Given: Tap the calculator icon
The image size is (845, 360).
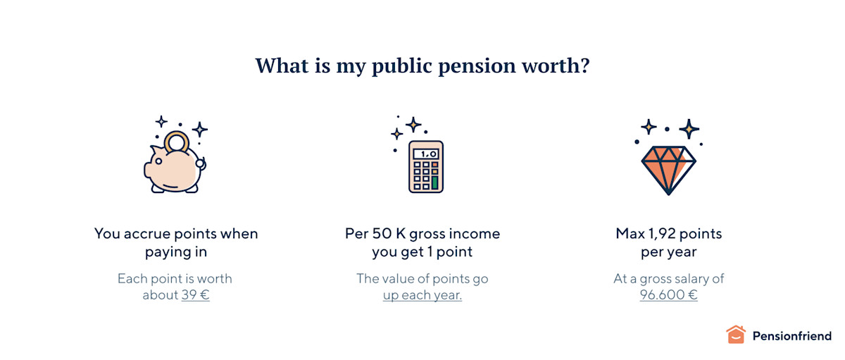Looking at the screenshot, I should pyautogui.click(x=426, y=166).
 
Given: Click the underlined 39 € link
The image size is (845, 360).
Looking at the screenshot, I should pyautogui.click(x=195, y=295).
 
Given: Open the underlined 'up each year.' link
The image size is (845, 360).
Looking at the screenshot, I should pyautogui.click(x=423, y=295).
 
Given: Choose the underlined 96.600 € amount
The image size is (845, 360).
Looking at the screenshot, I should pyautogui.click(x=668, y=295).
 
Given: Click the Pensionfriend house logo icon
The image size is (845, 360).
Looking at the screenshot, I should pyautogui.click(x=735, y=335).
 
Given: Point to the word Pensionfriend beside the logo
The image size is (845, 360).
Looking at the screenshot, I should pyautogui.click(x=791, y=336).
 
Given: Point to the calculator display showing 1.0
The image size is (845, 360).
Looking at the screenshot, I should pyautogui.click(x=426, y=153).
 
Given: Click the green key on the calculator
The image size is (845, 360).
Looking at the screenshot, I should pyautogui.click(x=434, y=182).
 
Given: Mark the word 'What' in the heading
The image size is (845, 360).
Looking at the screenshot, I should pyautogui.click(x=281, y=66).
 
